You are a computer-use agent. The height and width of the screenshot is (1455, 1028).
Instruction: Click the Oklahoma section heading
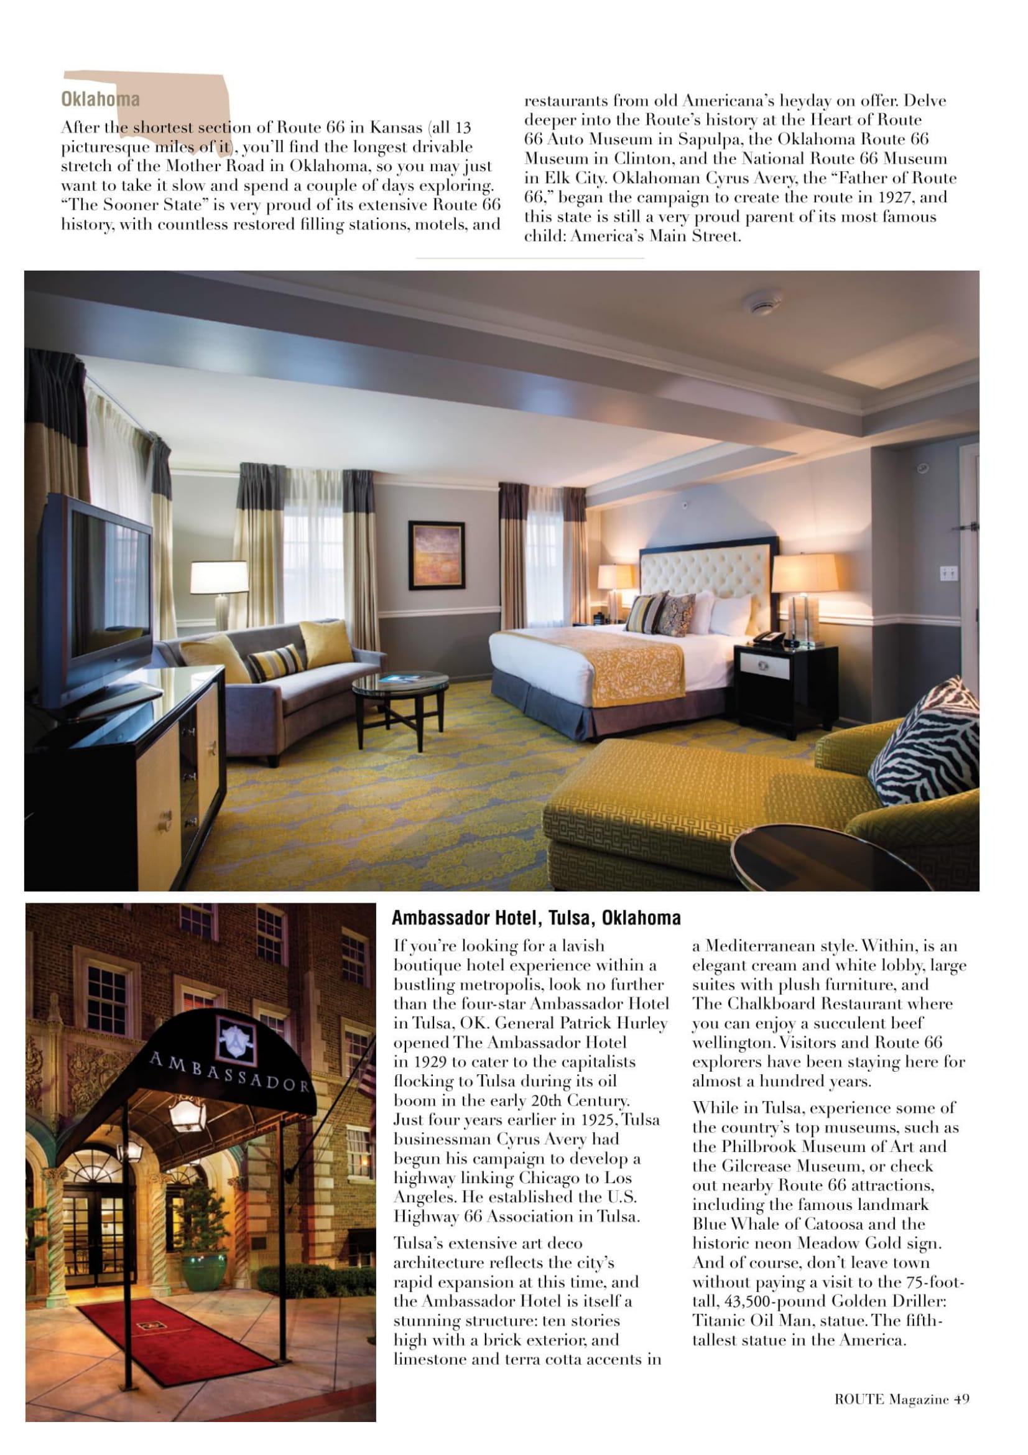100,100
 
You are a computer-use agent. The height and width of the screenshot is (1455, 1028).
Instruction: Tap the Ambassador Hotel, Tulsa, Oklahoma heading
536,918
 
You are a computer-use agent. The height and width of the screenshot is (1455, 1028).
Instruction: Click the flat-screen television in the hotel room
99,604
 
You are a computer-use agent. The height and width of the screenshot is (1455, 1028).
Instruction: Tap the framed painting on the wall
436,555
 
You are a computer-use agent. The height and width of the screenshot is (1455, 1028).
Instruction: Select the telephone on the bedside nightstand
767,638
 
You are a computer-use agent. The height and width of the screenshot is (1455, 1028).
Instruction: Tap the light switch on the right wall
948,573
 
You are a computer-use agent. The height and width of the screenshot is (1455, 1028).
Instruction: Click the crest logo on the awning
236,1038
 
